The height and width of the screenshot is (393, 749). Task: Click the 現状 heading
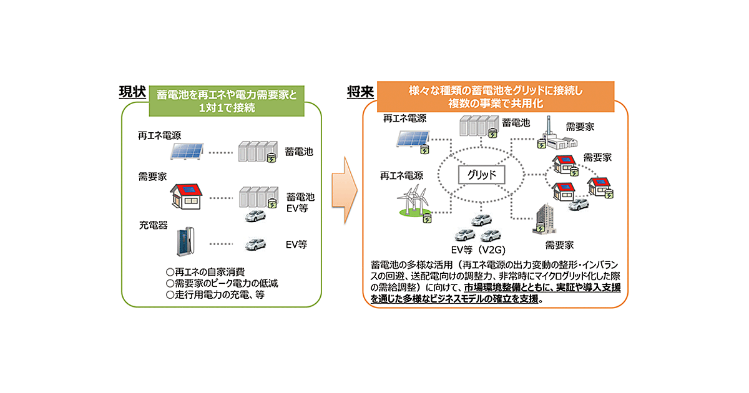[132, 92]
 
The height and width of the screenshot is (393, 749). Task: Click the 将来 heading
[360, 92]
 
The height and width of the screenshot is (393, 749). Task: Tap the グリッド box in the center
[481, 175]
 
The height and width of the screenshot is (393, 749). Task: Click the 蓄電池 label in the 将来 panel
[516, 122]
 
